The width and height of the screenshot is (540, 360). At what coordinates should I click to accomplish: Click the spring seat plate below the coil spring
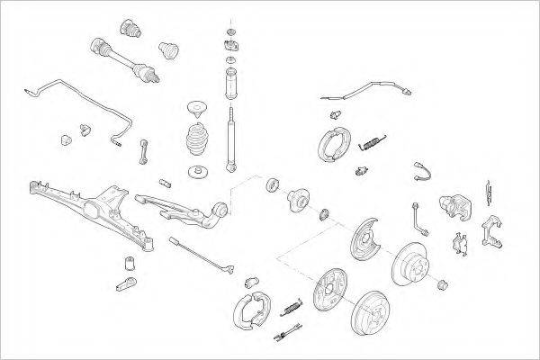pyautogui.click(x=198, y=171)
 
